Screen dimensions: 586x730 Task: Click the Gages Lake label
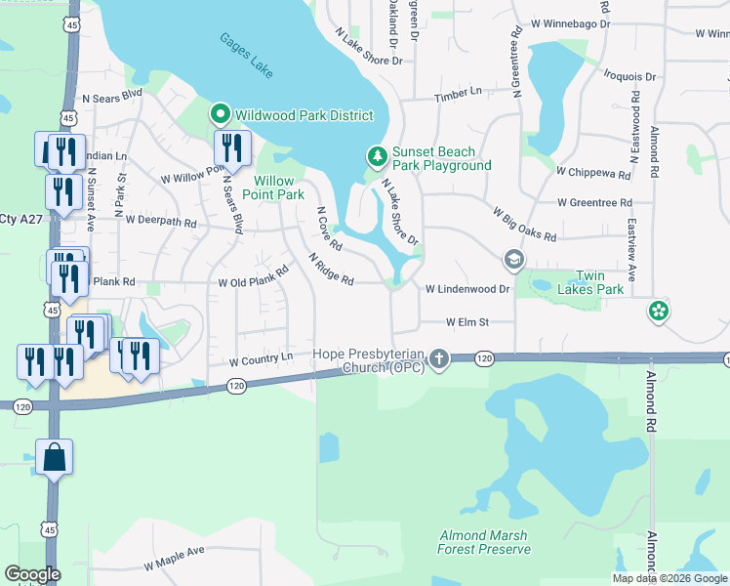pos(246,56)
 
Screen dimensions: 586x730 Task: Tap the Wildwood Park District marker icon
pos(221,115)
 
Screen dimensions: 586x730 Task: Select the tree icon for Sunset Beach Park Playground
pos(377,156)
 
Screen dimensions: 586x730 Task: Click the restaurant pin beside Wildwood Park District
pos(232,148)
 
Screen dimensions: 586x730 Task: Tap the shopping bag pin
pos(54,457)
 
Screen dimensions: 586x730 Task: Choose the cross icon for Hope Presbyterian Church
pos(439,359)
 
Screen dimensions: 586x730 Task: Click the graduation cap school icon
pos(513,260)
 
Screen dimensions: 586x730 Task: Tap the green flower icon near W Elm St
pos(660,311)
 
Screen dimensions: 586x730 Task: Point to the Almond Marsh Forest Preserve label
pos(484,542)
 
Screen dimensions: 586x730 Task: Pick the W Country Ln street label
pos(261,360)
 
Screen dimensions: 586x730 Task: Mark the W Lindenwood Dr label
pos(467,289)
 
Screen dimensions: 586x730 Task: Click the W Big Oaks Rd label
pos(524,224)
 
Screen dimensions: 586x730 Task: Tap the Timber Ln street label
pos(459,91)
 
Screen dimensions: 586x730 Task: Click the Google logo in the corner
pos(32,574)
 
